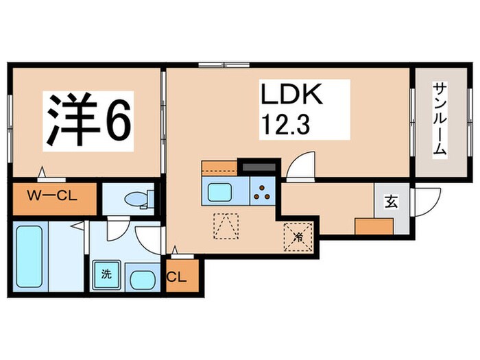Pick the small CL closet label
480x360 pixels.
point(177,278)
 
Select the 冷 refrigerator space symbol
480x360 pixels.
point(298,237)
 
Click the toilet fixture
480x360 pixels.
point(136,200)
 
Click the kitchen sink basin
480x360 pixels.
point(221,191)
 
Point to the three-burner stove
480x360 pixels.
point(262,192)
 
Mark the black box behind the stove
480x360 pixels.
point(259,167)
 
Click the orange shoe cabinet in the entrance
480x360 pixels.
point(374,227)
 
